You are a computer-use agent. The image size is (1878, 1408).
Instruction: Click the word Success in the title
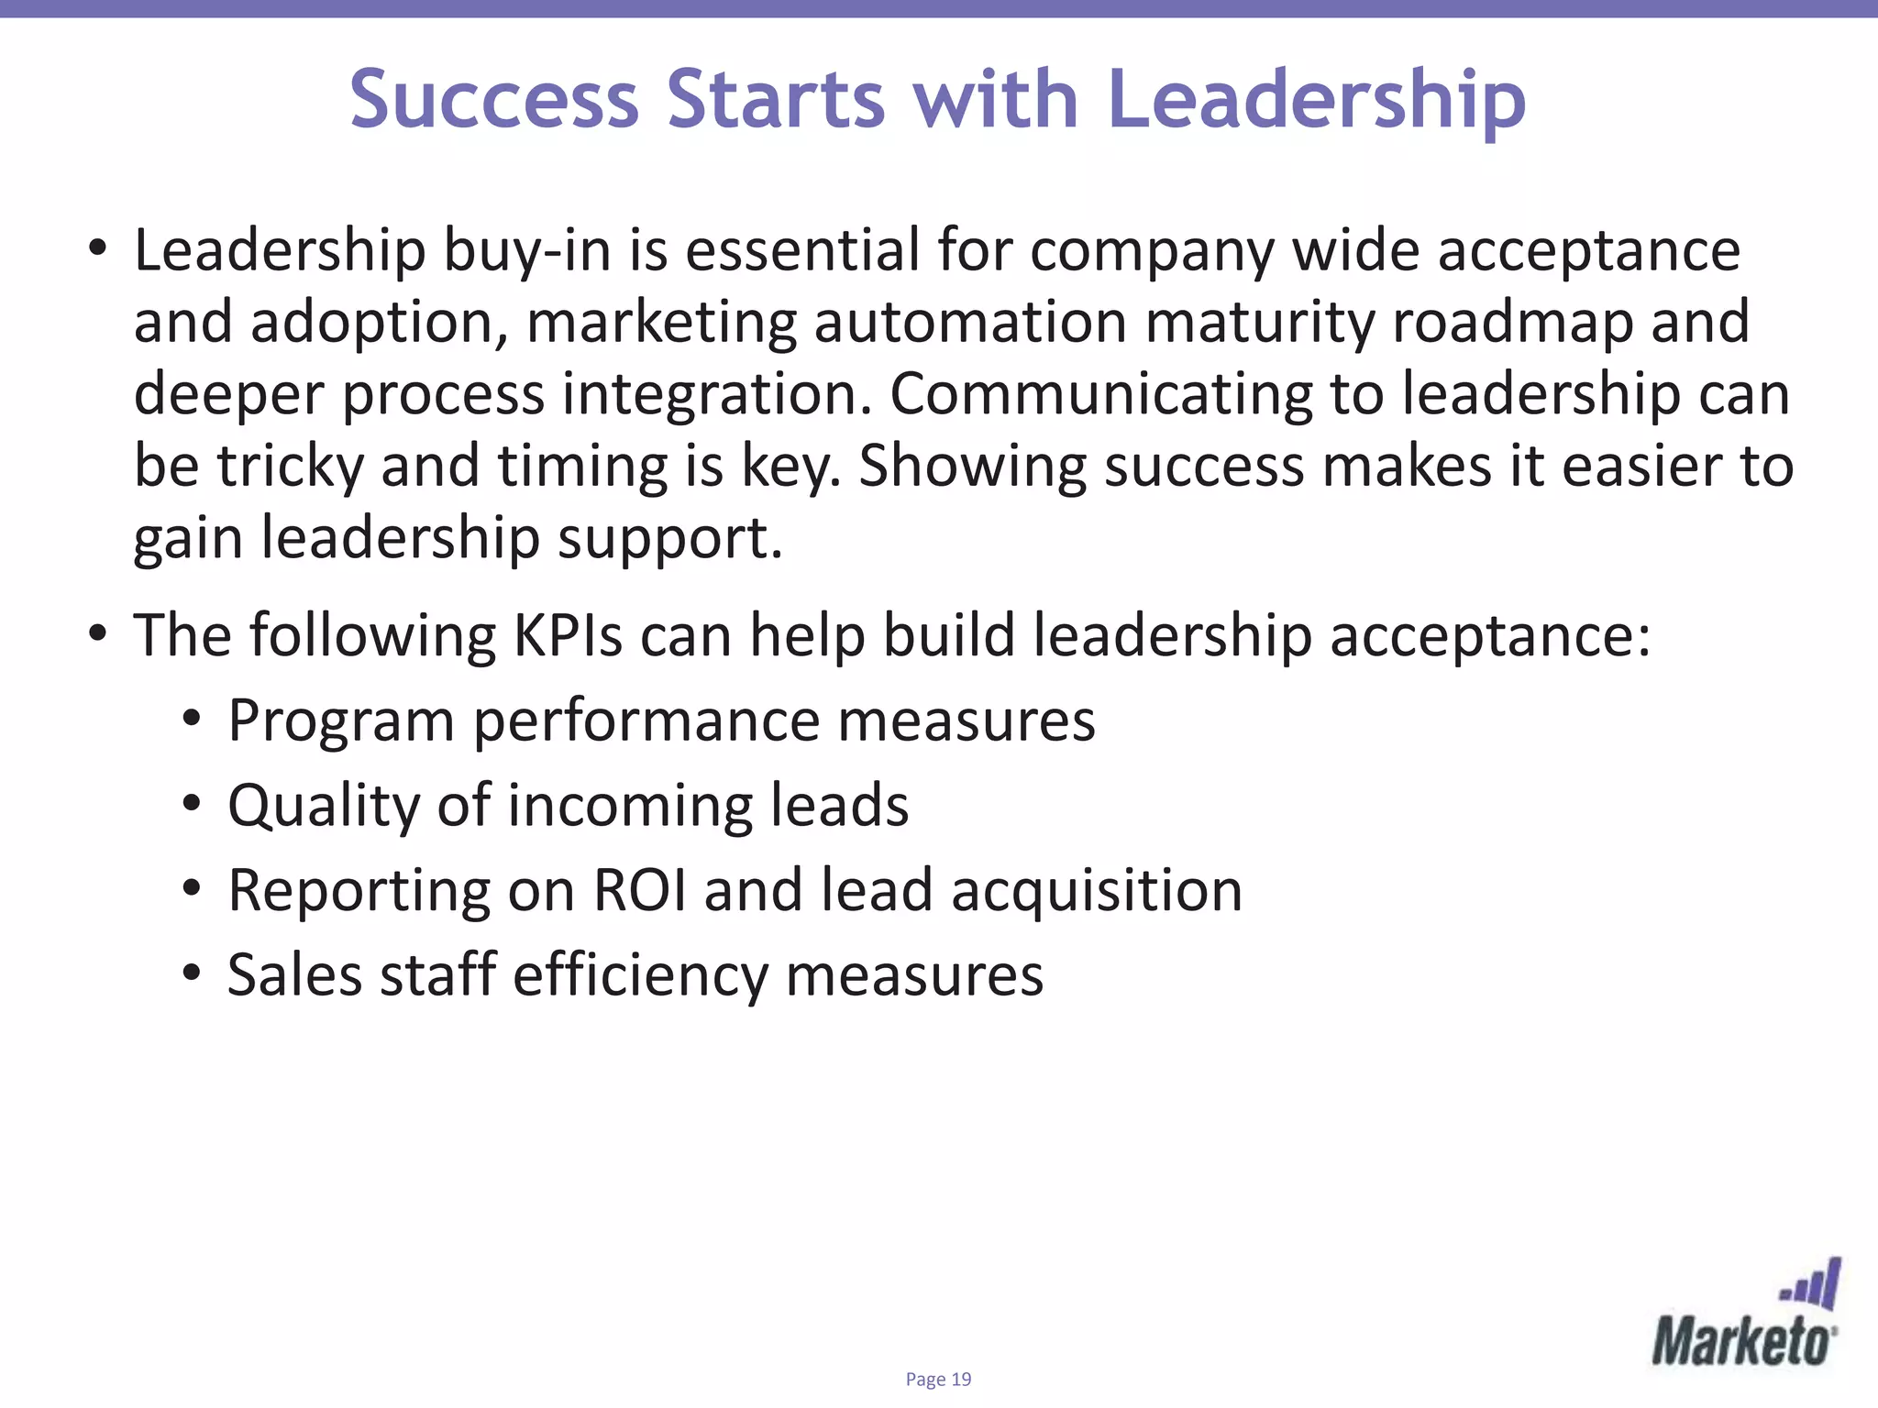[x=494, y=99]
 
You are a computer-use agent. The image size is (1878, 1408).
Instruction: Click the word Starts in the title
[x=776, y=99]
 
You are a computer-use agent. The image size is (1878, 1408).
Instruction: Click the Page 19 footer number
[x=938, y=1380]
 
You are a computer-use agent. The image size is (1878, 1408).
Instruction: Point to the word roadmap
[x=1513, y=322]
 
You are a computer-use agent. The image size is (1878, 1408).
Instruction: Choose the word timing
[x=583, y=466]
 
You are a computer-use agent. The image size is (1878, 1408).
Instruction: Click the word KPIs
[x=568, y=634]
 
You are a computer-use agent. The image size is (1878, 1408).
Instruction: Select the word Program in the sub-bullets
[x=341, y=721]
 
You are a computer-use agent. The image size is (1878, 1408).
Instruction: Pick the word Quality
[x=323, y=806]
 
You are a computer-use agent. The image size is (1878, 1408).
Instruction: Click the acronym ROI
[x=640, y=890]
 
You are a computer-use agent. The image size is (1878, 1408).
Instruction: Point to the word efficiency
[x=640, y=974]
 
